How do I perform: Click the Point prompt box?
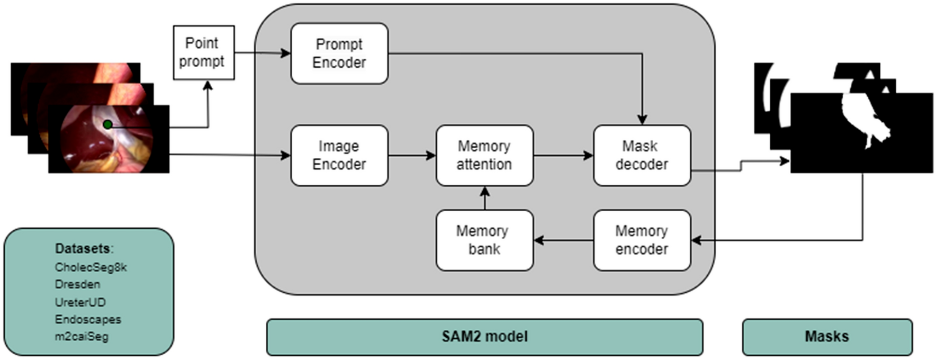click(x=204, y=52)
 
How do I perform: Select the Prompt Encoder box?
click(x=339, y=53)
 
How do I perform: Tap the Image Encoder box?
click(x=339, y=155)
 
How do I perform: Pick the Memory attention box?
click(x=484, y=155)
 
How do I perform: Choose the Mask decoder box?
click(x=642, y=155)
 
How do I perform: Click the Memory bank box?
click(x=484, y=240)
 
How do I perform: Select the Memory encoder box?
click(x=642, y=240)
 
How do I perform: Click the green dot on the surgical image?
click(x=107, y=124)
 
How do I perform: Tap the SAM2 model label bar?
click(x=484, y=337)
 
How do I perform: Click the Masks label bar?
click(x=827, y=337)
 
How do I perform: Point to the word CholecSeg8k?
click(x=91, y=267)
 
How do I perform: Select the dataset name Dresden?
click(x=77, y=284)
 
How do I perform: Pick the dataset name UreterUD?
click(x=80, y=302)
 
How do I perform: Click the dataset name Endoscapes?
click(x=88, y=319)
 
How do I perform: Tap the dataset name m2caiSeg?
click(x=82, y=336)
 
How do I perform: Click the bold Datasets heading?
click(x=84, y=248)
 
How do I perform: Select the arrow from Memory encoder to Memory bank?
click(x=563, y=240)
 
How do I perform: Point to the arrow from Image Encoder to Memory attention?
click(x=412, y=155)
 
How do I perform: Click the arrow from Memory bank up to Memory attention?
click(x=485, y=198)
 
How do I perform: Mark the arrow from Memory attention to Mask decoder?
click(x=563, y=155)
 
